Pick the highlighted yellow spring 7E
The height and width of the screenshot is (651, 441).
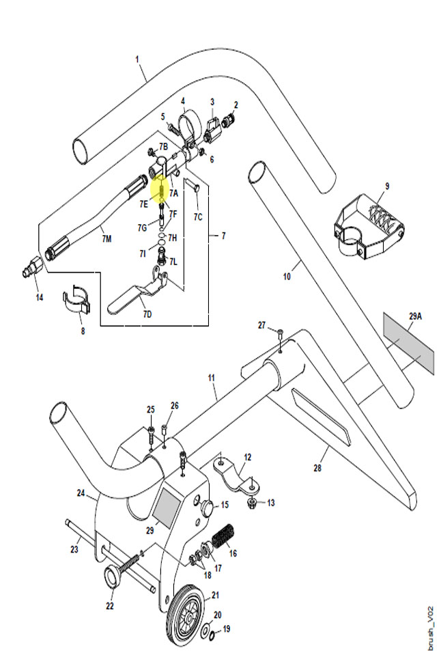[x=161, y=191]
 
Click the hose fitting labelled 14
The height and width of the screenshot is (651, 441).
[x=33, y=267]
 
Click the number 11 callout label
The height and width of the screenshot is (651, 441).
[x=212, y=378]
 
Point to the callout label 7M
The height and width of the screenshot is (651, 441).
[x=106, y=238]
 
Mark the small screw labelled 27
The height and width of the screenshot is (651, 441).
[x=281, y=332]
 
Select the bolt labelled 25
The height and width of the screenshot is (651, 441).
[x=151, y=435]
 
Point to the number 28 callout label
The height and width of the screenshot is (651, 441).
[x=317, y=468]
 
